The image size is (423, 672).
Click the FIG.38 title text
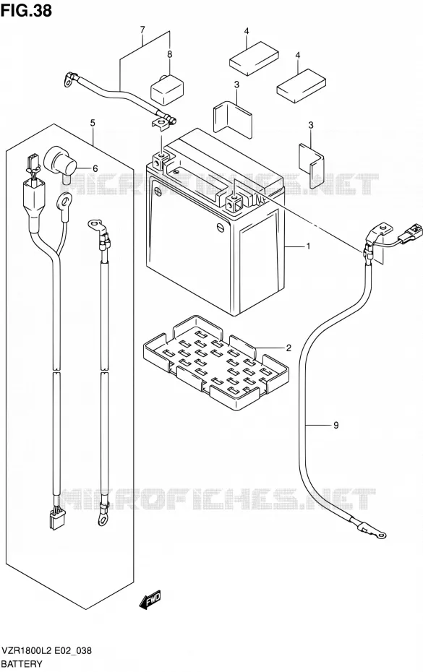pos(27,10)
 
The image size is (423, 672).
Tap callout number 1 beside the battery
pos(308,246)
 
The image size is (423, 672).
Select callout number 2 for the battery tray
pos(289,348)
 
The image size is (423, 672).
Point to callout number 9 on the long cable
pos(336,425)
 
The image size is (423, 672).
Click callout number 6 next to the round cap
pos(95,169)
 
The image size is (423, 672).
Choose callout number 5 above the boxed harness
pos(93,123)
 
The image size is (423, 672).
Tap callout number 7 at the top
pos(142,30)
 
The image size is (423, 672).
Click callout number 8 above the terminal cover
pos(169,54)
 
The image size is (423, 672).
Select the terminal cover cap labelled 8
pos(167,89)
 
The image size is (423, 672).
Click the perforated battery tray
pos(215,363)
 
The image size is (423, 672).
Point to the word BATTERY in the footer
pos(22,664)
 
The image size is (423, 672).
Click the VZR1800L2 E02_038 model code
pos(46,651)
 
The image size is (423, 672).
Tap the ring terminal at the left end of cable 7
pos(69,80)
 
